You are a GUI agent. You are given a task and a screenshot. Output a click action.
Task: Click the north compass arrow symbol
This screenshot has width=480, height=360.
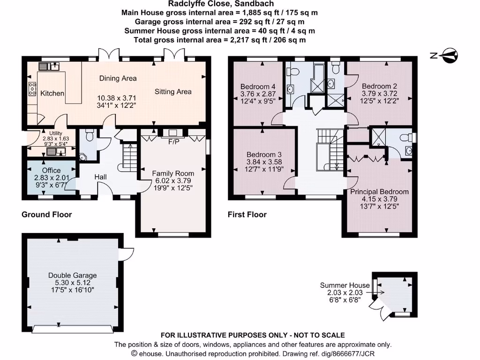449,55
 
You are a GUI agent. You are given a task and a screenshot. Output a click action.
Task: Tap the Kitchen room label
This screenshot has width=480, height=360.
52,93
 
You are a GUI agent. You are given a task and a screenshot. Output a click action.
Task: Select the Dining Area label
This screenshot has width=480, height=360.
118,78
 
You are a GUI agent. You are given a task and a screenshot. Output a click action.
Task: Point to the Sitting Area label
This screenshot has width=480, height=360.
173,91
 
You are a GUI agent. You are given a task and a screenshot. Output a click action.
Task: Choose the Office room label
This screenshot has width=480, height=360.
51,170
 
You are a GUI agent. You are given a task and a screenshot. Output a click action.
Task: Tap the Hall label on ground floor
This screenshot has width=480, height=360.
101,177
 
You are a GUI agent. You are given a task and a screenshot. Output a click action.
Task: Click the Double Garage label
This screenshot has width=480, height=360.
73,275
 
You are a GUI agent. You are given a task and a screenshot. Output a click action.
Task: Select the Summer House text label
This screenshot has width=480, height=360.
345,285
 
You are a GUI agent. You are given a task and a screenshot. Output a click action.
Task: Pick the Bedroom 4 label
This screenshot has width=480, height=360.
258,86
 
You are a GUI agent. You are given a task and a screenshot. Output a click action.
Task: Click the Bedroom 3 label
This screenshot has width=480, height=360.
264,155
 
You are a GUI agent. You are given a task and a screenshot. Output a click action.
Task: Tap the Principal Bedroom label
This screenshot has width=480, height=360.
380,192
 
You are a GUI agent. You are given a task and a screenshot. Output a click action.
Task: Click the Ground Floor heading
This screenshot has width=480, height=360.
47,215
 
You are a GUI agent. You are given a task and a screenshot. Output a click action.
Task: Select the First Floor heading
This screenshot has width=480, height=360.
247,215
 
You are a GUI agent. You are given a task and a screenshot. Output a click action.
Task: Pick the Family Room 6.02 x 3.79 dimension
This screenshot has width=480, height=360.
173,180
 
